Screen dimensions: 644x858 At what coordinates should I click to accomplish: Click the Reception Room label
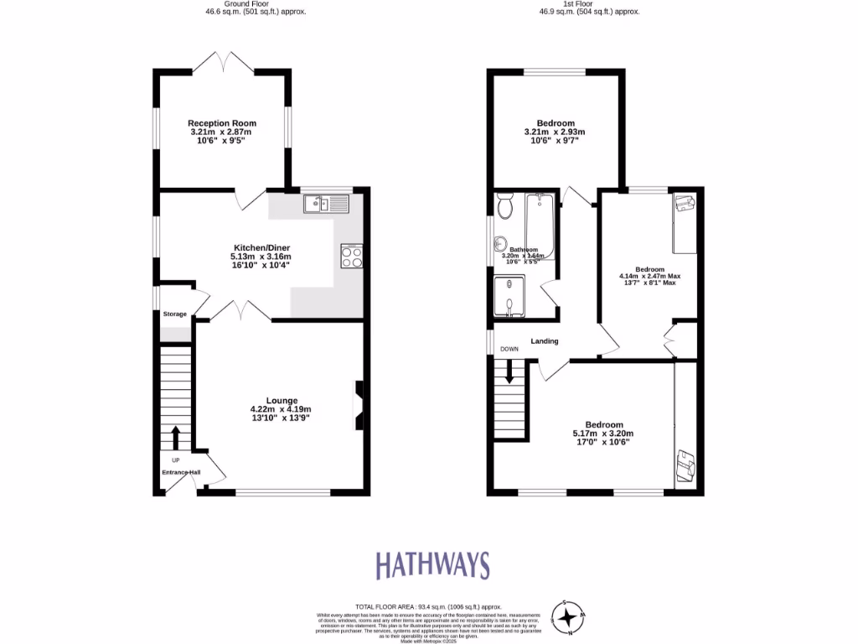222,123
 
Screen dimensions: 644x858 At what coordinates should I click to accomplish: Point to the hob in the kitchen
352,256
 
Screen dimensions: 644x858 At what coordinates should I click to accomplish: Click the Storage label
175,314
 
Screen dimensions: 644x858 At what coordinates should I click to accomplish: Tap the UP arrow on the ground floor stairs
176,437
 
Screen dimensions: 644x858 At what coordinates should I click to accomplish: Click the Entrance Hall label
181,472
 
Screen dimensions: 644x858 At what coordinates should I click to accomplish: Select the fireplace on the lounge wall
359,406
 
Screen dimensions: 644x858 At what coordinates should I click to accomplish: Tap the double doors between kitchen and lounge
239,310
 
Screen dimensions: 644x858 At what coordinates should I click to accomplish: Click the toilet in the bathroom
504,204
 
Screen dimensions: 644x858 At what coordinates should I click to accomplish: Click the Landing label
544,340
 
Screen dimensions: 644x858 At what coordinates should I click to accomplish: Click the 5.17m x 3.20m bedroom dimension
603,434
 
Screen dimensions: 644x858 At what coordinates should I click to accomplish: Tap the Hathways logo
432,565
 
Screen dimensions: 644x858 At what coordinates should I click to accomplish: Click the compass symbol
569,618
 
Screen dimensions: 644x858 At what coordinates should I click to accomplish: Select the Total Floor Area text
428,606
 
